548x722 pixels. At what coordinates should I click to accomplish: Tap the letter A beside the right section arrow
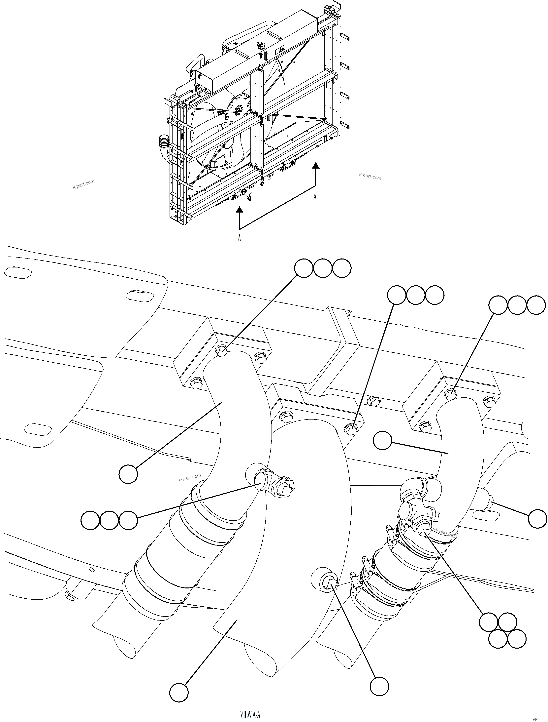pyautogui.click(x=315, y=197)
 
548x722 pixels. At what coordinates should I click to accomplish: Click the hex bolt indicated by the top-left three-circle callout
pyautogui.click(x=222, y=352)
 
